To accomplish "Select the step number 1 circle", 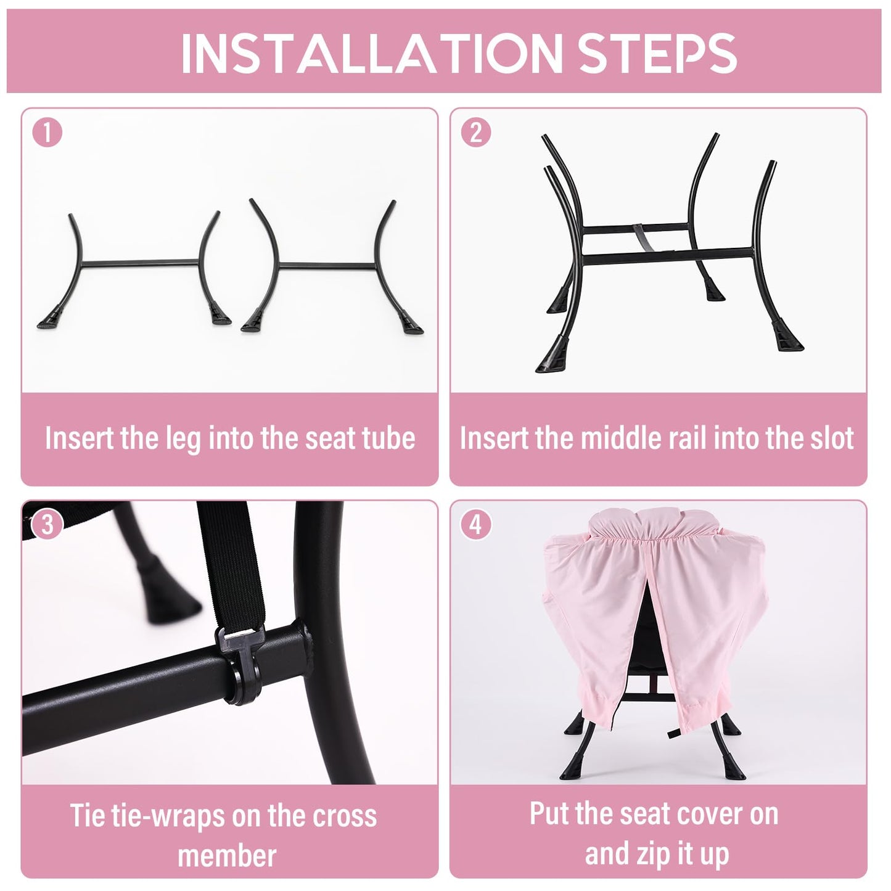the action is click(47, 133).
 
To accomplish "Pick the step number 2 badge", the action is click(476, 133).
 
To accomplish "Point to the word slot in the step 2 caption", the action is click(832, 438).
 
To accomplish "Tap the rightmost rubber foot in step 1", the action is click(411, 324).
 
